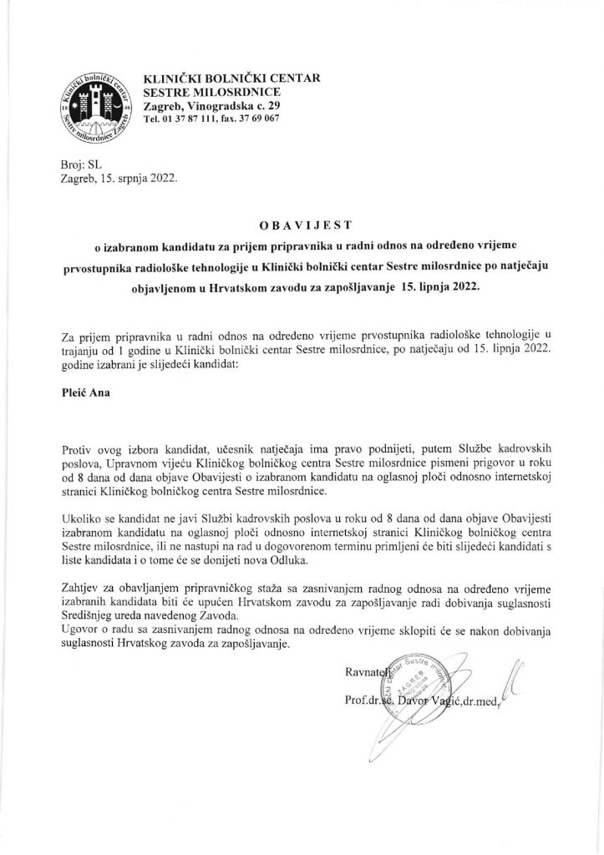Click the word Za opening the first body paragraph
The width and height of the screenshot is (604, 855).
[x=70, y=336]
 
